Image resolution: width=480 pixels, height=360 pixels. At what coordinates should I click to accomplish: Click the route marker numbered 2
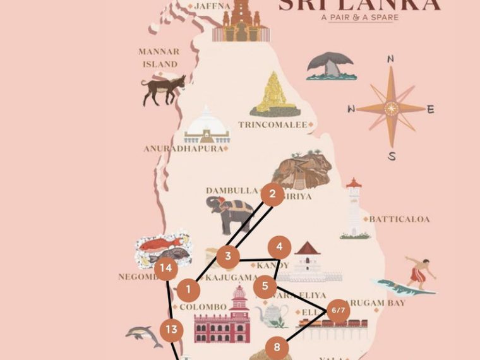tap(272, 195)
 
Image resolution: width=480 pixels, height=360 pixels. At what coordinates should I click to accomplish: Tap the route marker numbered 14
tap(166, 268)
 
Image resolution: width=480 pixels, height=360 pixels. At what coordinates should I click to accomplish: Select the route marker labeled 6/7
tap(339, 310)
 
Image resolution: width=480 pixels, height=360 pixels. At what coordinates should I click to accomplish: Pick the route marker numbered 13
tap(171, 329)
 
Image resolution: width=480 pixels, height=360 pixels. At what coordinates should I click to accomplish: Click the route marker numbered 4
tap(279, 248)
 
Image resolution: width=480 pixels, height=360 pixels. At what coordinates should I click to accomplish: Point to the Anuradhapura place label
tap(184, 149)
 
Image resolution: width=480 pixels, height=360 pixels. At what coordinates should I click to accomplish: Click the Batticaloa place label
tap(399, 219)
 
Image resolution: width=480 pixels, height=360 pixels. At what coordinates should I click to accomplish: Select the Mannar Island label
tap(159, 57)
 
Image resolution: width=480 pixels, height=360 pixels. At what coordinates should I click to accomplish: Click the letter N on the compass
tap(391, 59)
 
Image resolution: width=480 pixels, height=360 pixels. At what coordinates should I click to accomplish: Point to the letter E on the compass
tap(431, 109)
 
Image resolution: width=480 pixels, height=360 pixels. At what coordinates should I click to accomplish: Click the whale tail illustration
tap(331, 66)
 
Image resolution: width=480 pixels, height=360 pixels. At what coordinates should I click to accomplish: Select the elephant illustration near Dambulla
tap(231, 213)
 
